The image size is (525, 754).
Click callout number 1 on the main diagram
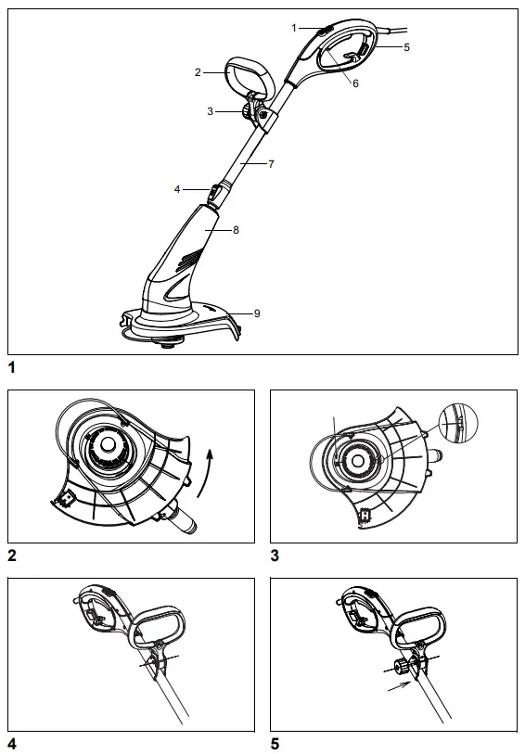pos(294,28)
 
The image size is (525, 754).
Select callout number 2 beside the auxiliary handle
pos(198,70)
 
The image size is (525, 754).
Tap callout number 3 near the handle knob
pos(211,111)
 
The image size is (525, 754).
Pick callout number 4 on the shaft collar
pos(176,189)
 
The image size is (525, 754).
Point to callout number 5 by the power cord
pos(406,45)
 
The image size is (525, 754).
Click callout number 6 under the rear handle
pos(357,82)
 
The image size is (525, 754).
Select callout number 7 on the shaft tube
pos(271,164)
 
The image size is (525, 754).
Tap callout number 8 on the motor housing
pos(237,228)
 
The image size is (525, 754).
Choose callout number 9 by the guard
pos(257,313)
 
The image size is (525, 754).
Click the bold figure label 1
pos(12,367)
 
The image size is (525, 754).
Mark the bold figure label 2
pos(12,556)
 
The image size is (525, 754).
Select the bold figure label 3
pos(275,556)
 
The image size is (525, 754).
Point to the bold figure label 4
pos(12,743)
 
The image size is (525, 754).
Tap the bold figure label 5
pos(275,743)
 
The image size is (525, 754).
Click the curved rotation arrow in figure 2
pos(211,463)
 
